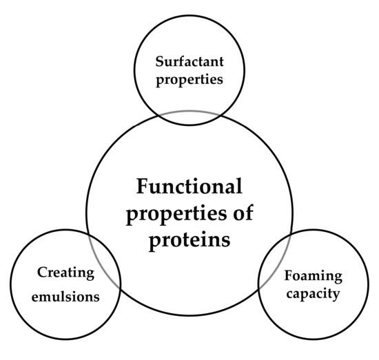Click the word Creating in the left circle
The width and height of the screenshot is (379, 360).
(65, 273)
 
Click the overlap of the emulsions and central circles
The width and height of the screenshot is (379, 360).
(103, 258)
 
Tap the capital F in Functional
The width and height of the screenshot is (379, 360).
(141, 186)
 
